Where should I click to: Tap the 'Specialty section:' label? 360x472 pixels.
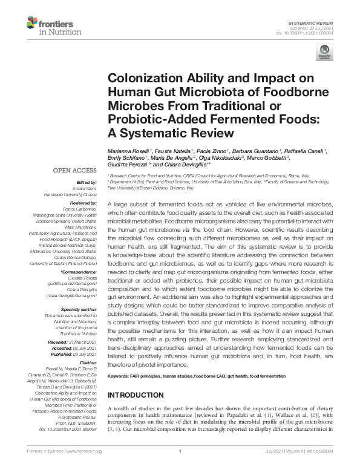tap(79, 309)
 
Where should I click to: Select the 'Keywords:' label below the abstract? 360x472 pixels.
tap(120, 376)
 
